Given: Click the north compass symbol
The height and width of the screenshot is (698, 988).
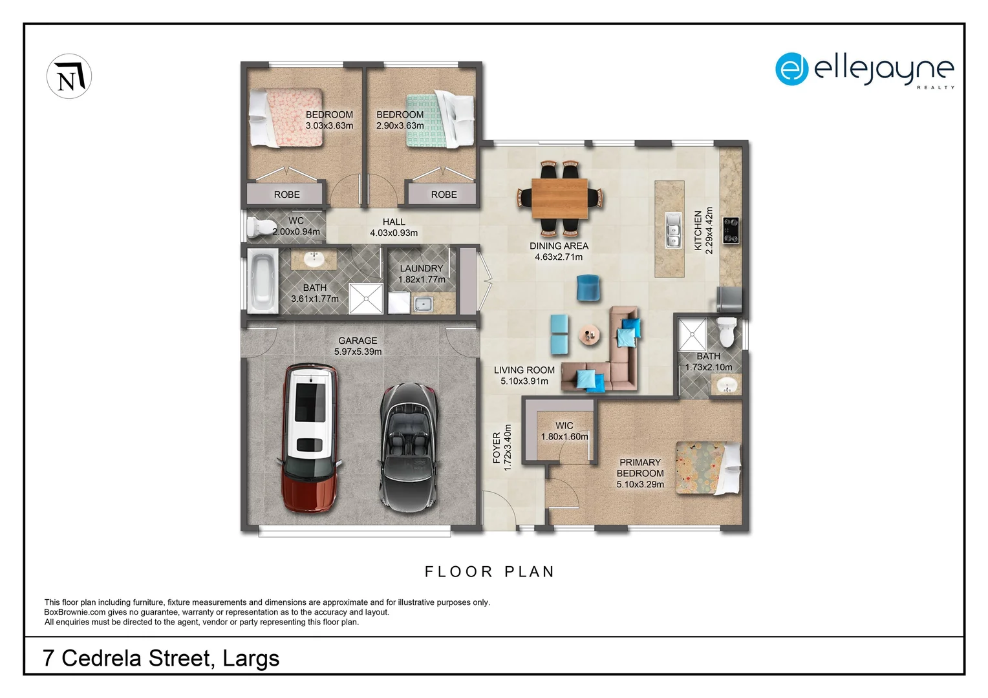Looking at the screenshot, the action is click(69, 76).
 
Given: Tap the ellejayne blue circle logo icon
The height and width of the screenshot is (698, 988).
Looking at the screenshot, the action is click(791, 69).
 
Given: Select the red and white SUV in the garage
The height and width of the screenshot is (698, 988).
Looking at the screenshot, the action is click(310, 438).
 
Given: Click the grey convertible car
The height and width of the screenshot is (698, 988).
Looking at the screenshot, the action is click(409, 447).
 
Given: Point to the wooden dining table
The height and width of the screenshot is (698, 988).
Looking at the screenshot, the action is click(560, 198).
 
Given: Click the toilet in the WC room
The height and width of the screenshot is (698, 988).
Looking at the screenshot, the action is click(261, 227).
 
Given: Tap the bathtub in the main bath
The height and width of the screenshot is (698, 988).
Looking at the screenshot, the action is click(263, 281).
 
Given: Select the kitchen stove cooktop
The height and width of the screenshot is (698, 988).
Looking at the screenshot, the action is click(731, 230).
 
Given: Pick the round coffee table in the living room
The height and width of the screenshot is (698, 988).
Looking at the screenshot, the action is click(589, 335).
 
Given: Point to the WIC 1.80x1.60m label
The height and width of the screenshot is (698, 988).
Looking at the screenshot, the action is click(564, 431).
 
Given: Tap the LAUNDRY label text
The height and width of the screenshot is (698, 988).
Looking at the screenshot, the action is click(422, 268).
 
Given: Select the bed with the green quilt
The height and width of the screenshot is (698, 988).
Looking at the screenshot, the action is click(440, 120).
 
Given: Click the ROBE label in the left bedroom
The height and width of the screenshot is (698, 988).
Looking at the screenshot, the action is click(286, 195).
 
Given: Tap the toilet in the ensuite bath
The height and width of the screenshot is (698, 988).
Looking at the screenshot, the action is click(726, 332).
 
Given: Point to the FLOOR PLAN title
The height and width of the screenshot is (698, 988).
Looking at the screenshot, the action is click(489, 572).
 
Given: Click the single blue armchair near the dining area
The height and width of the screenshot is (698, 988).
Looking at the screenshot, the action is click(588, 288).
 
